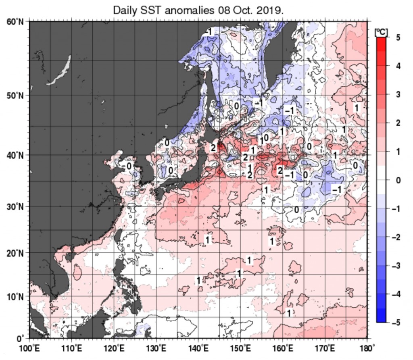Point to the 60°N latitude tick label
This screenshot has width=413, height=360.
pyautogui.click(x=15, y=22)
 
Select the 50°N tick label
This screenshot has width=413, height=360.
pyautogui.click(x=15, y=96)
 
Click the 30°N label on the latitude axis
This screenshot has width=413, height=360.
pyautogui.click(x=15, y=206)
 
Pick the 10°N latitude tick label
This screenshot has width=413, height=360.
pyautogui.click(x=15, y=297)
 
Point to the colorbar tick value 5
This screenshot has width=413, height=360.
pyautogui.click(x=398, y=37)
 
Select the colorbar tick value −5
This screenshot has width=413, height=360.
pyautogui.click(x=396, y=323)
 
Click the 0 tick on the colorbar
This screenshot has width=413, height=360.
pyautogui.click(x=398, y=180)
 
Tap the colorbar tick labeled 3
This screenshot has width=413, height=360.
pyautogui.click(x=398, y=94)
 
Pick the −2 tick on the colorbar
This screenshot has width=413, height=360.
pyautogui.click(x=396, y=237)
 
